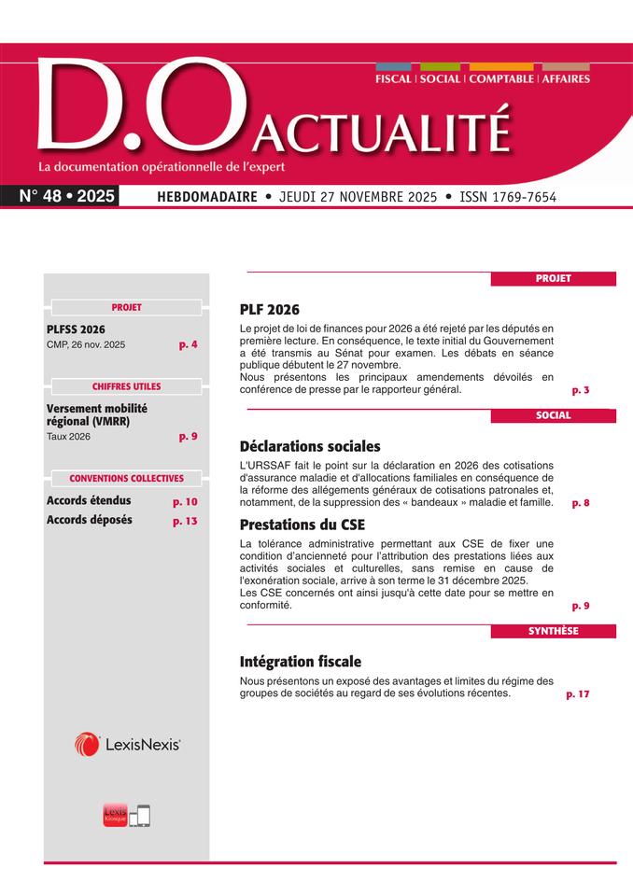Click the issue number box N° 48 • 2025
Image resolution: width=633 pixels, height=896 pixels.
pyautogui.click(x=66, y=196)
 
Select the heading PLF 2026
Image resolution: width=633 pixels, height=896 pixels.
pyautogui.click(x=270, y=310)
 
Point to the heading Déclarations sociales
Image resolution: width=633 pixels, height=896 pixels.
pyautogui.click(x=310, y=446)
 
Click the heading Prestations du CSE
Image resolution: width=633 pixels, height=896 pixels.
pyautogui.click(x=301, y=524)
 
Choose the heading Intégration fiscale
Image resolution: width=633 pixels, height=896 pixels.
pyautogui.click(x=300, y=662)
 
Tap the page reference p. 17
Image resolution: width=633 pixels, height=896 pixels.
pyautogui.click(x=578, y=693)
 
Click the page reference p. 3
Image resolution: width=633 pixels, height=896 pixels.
pyautogui.click(x=580, y=389)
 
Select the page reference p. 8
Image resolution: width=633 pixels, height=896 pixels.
pyautogui.click(x=580, y=502)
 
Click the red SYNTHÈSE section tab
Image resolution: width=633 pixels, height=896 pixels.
pyautogui.click(x=554, y=631)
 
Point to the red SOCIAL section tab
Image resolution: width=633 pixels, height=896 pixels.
pyautogui.click(x=554, y=415)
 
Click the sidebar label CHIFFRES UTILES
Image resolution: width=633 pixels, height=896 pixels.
pyautogui.click(x=126, y=386)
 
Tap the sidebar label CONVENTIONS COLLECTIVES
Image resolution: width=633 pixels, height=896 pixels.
pyautogui.click(x=126, y=479)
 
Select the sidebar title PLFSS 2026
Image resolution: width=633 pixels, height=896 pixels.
pyautogui.click(x=76, y=329)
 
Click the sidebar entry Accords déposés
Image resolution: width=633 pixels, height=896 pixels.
pyautogui.click(x=89, y=520)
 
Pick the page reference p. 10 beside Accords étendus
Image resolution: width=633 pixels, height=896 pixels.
pyautogui.click(x=185, y=501)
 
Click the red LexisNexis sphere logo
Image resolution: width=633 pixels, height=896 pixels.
pyautogui.click(x=87, y=744)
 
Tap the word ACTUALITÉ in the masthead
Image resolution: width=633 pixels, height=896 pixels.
pyautogui.click(x=382, y=133)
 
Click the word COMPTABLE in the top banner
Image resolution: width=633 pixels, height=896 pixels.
pyautogui.click(x=501, y=79)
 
